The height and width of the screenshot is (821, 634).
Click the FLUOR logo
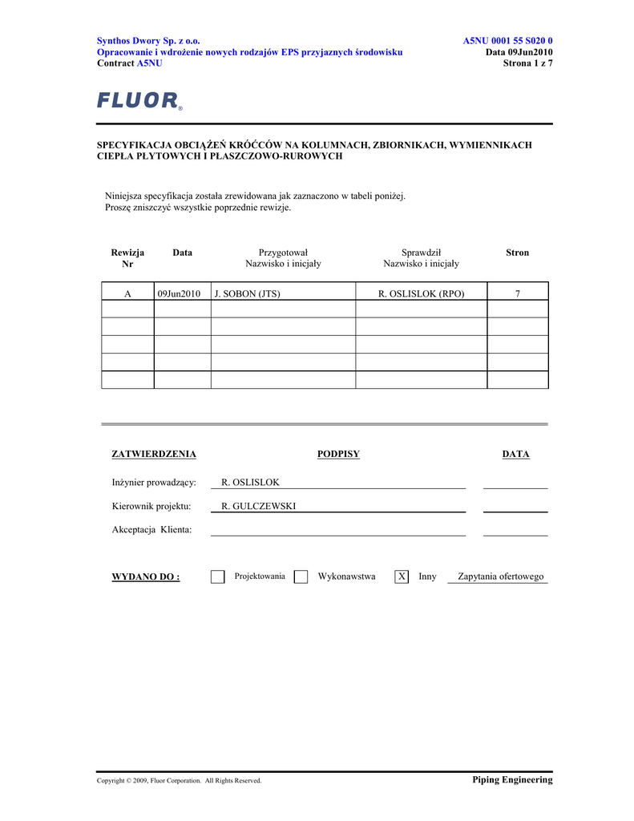point(139,101)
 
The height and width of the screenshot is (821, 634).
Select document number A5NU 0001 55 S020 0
point(507,41)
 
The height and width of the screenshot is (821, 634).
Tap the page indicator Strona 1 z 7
point(527,63)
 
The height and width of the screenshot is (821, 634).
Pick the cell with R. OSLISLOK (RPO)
point(421,294)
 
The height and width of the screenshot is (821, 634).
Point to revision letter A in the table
point(127,294)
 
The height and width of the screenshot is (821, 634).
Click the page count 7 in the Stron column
point(518,294)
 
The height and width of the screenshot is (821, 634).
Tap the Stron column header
point(517,253)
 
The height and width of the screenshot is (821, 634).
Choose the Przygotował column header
point(283,253)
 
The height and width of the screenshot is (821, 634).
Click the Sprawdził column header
point(421,253)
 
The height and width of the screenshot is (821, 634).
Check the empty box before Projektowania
point(217,577)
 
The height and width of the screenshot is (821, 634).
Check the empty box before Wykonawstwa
point(301,577)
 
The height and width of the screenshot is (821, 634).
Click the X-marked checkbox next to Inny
point(402,577)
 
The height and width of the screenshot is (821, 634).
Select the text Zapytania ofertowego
point(500,577)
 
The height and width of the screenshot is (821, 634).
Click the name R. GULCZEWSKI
point(258,507)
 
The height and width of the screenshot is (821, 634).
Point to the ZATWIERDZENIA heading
point(153,455)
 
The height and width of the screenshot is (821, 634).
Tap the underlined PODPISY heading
point(338,455)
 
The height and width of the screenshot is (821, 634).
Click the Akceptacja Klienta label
point(151,530)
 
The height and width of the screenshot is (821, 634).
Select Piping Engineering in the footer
point(512,780)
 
